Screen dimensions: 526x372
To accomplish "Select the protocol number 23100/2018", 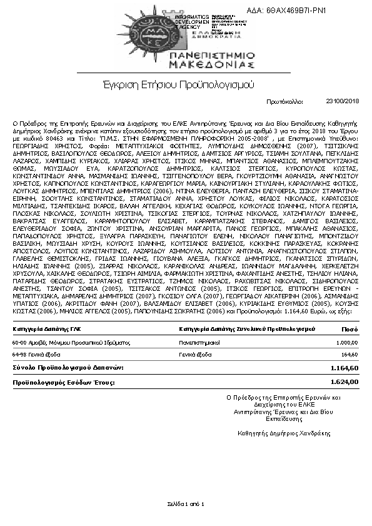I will click(343, 100).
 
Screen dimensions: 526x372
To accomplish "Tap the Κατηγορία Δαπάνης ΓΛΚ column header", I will click(46, 328).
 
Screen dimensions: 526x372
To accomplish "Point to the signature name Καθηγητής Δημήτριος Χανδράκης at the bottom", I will click(283, 432).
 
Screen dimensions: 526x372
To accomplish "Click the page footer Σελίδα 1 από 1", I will click(186, 503).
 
